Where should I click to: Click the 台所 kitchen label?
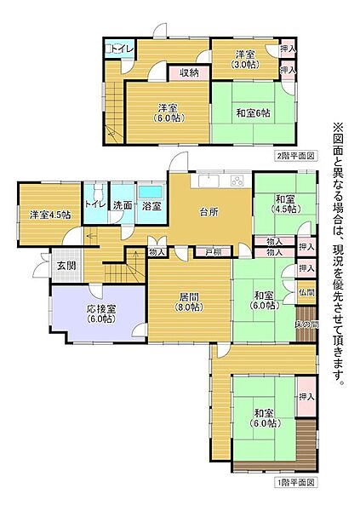pyautogui.click(x=209, y=212)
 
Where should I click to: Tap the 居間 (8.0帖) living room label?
pyautogui.click(x=189, y=302)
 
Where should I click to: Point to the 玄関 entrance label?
pyautogui.click(x=66, y=266)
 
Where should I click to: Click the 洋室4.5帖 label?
pyautogui.click(x=49, y=214)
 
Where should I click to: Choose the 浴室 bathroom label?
pyautogui.click(x=150, y=205)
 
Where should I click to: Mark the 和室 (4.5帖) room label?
pyautogui.click(x=284, y=204)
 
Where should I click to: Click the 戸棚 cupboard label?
pyautogui.click(x=213, y=252)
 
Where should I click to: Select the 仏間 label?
pyautogui.click(x=306, y=292)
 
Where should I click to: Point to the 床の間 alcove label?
pyautogui.click(x=306, y=324)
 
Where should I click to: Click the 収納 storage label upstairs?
pyautogui.click(x=189, y=73)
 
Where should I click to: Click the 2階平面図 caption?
pyautogui.click(x=294, y=156)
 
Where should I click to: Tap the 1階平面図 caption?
pyautogui.click(x=294, y=482)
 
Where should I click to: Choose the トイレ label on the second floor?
pyautogui.click(x=120, y=49)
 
